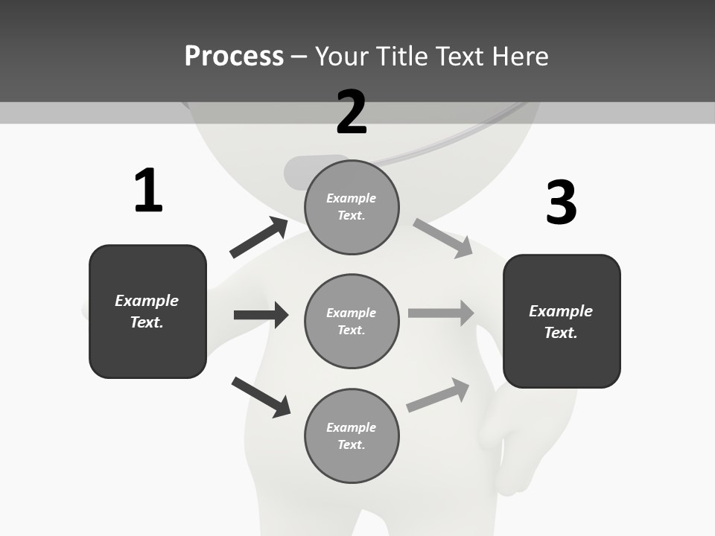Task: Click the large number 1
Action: tap(148, 191)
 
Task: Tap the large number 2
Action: tap(352, 112)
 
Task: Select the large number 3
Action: tap(561, 202)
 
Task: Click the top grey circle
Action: tap(352, 207)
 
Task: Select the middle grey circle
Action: tap(352, 322)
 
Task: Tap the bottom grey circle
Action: tap(352, 436)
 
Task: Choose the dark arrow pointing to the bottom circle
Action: tap(261, 397)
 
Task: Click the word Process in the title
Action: tap(234, 57)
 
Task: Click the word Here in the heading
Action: tap(519, 57)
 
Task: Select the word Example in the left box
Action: tap(147, 301)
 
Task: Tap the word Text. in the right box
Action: tap(561, 333)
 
